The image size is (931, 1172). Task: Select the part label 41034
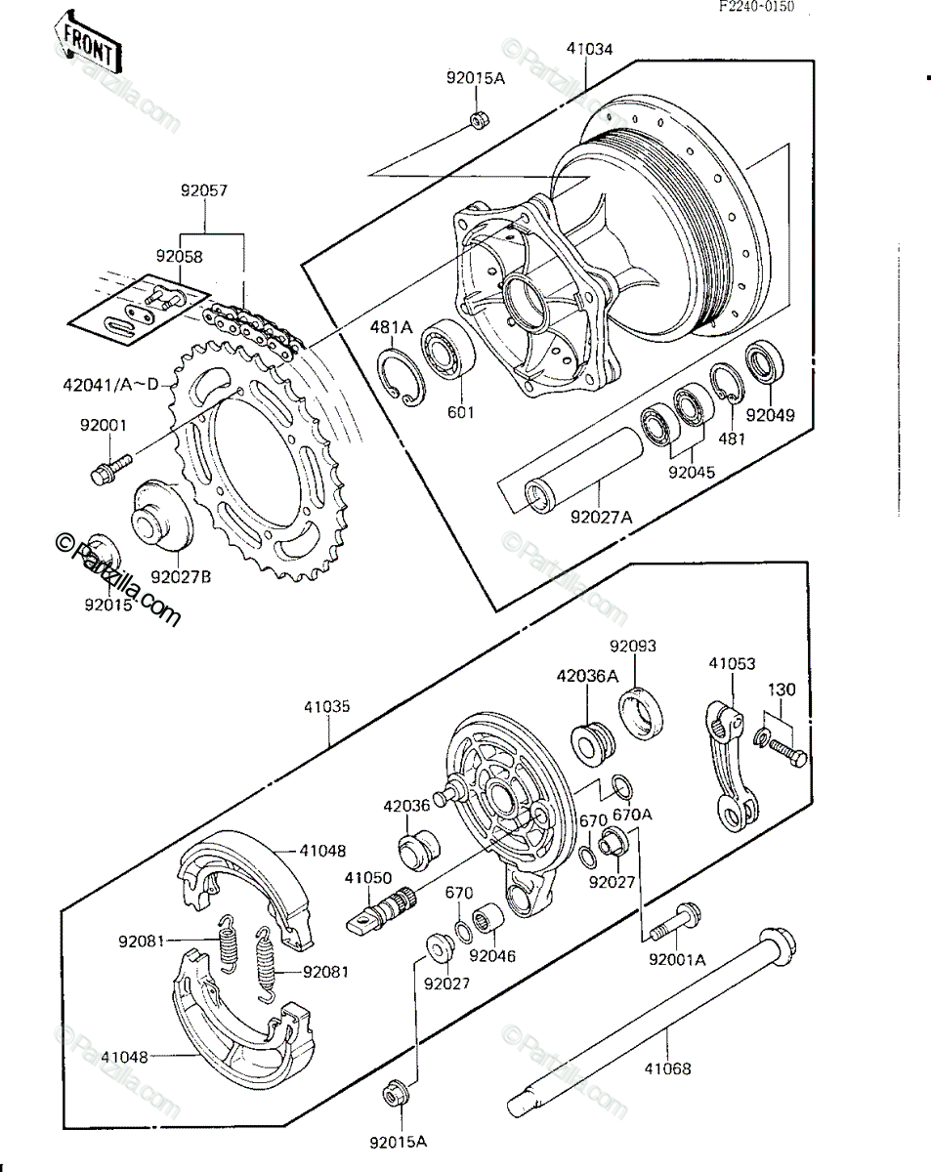pyautogui.click(x=589, y=49)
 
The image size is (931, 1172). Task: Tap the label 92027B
pyautogui.click(x=181, y=577)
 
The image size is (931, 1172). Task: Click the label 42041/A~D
pyautogui.click(x=110, y=385)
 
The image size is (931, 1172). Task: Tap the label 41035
pyautogui.click(x=327, y=707)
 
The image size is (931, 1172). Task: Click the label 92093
pyautogui.click(x=633, y=646)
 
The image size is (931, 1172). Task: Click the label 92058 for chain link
pyautogui.click(x=179, y=256)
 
